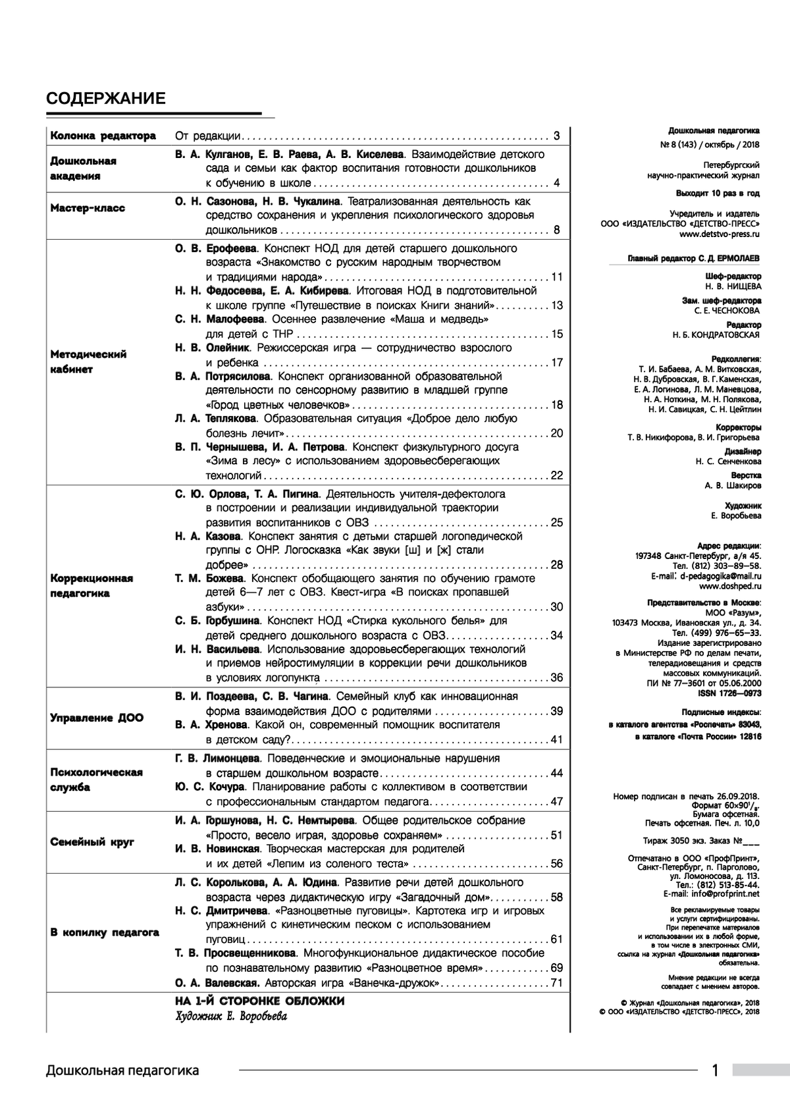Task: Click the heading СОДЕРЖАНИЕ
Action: (105, 99)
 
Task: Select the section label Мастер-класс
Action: (88, 208)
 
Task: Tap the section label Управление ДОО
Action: (96, 718)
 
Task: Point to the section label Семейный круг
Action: (92, 842)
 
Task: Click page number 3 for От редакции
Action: (556, 136)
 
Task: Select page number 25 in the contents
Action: (556, 523)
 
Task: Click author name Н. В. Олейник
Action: (212, 348)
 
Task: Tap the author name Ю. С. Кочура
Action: (210, 787)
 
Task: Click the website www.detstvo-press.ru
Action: (720, 233)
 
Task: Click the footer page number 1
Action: (715, 1071)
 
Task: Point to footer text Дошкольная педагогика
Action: (122, 1071)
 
